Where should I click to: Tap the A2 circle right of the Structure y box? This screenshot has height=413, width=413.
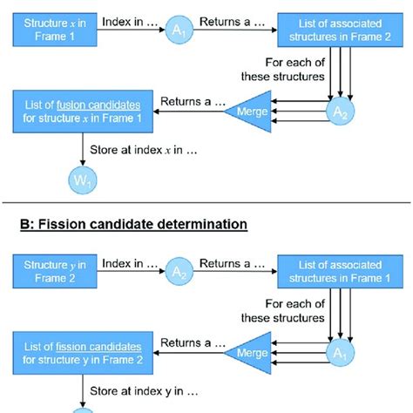pyautogui.click(x=179, y=272)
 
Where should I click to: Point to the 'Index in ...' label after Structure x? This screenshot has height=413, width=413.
pyautogui.click(x=129, y=18)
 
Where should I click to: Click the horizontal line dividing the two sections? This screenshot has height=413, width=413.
pyautogui.click(x=206, y=202)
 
